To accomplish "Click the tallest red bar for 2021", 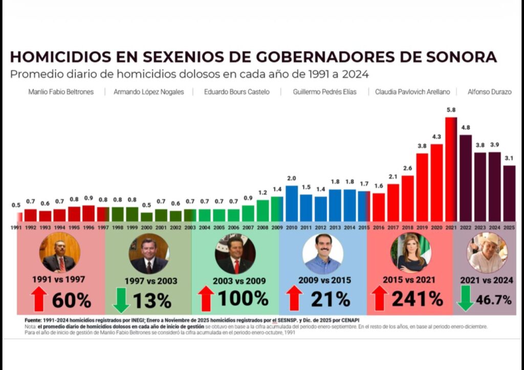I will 451,169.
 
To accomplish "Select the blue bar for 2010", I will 292,203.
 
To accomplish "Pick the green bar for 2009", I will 277,209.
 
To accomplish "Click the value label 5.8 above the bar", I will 451,111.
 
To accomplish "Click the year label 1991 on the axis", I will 17,227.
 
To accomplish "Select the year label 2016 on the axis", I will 379,227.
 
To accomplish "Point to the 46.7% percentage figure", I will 494,300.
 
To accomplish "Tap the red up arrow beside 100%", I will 205,299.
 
